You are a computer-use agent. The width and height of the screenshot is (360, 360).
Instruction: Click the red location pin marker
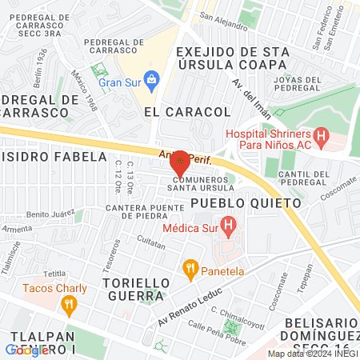(180, 163)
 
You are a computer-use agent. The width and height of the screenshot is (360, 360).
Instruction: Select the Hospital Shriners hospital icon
(321, 137)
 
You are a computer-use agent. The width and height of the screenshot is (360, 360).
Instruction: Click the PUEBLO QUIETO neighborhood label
(246, 203)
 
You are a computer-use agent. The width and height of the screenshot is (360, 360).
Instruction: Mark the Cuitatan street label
(150, 239)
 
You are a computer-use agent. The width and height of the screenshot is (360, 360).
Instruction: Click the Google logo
(26, 350)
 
